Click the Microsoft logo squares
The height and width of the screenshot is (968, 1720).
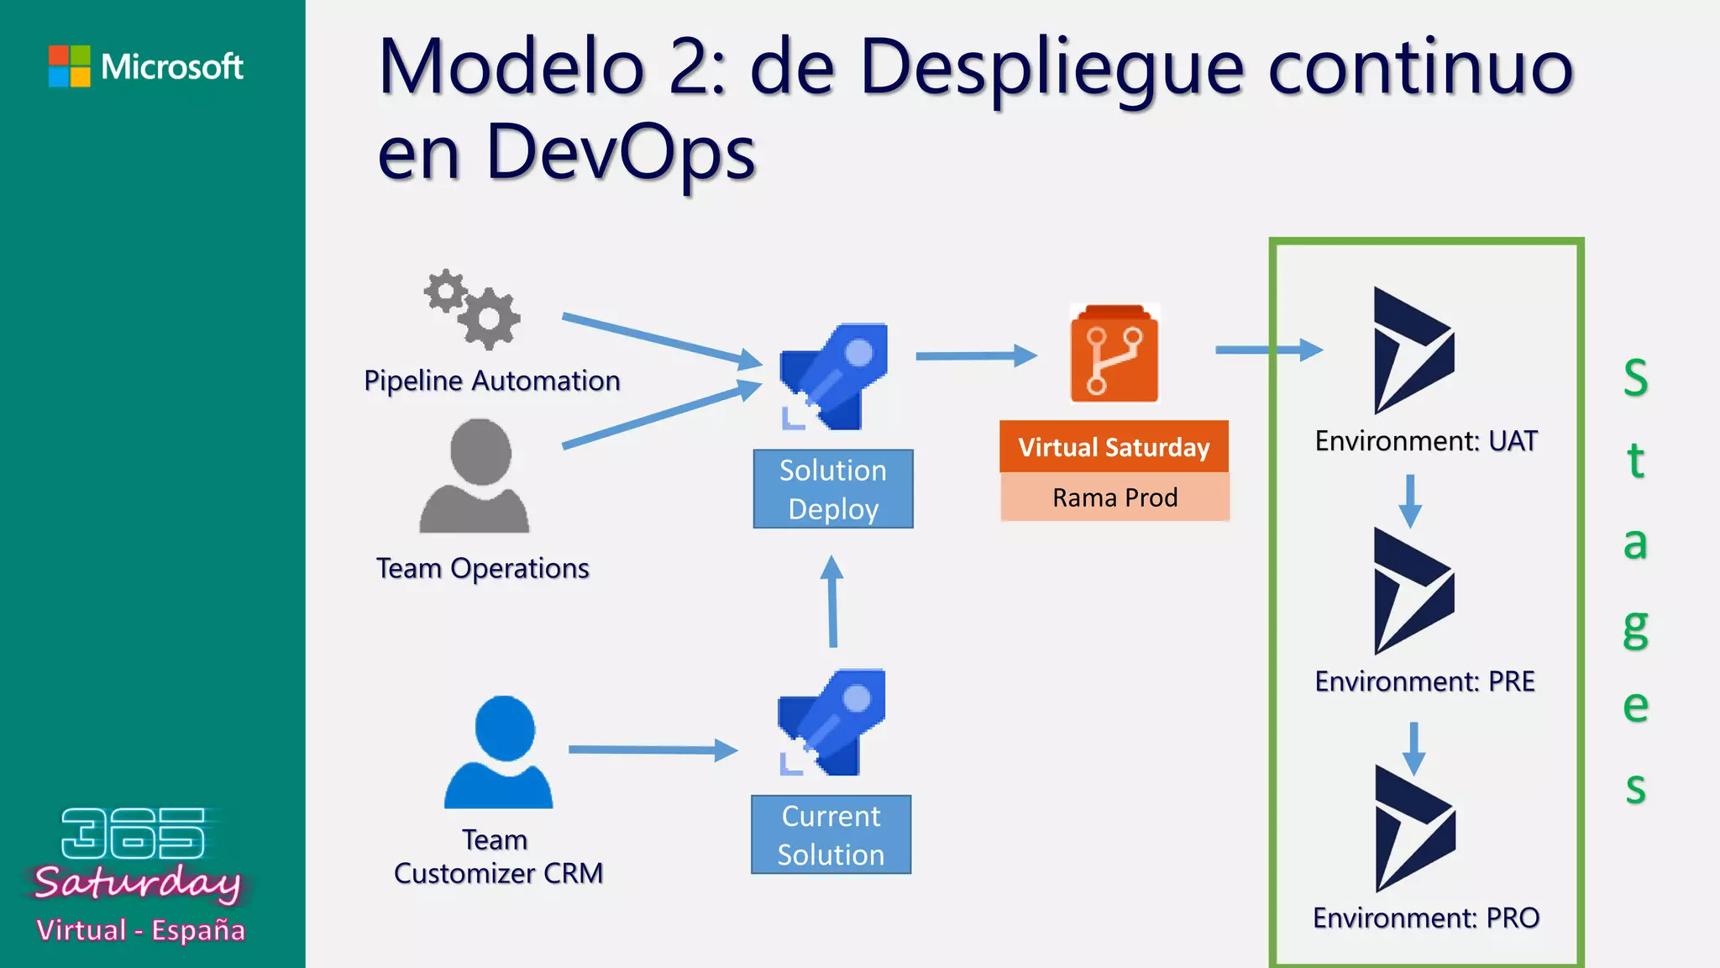[x=70, y=66]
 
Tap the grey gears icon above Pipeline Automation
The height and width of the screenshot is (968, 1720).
[x=473, y=309]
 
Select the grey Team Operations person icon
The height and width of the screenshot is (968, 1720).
[x=475, y=476]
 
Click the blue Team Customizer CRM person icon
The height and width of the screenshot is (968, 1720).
[x=500, y=753]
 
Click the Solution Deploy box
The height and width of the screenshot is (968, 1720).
[x=833, y=489]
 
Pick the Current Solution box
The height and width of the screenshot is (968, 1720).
[x=831, y=834]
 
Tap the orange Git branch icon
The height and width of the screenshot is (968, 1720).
[x=1114, y=354]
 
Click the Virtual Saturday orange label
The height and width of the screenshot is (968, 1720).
[x=1114, y=447]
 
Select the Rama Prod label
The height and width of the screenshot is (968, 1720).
[x=1114, y=497]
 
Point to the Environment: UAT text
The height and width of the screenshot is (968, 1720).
[x=1426, y=441]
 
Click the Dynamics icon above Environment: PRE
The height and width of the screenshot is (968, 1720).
[x=1413, y=591]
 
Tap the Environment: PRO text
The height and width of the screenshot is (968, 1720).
[x=1426, y=918]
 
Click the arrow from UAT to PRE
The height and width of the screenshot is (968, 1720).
[x=1410, y=501]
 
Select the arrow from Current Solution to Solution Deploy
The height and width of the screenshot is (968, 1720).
[x=832, y=601]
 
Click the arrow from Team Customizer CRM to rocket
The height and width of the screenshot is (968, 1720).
[x=653, y=750]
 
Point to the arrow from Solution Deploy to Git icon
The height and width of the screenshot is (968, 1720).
[x=976, y=356]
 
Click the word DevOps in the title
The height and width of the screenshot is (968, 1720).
[x=621, y=153]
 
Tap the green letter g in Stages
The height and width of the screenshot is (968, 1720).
[x=1635, y=627]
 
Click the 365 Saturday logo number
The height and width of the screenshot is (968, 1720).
[x=133, y=834]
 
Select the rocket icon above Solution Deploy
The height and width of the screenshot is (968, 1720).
[x=833, y=376]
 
